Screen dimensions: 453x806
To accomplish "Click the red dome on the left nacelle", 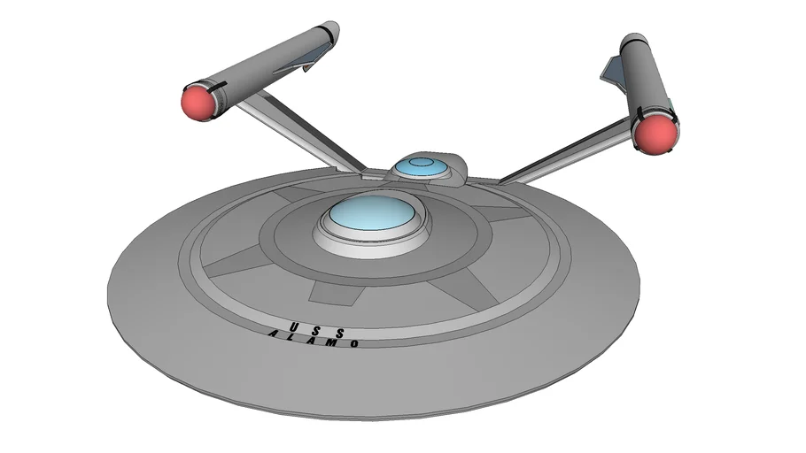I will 199,102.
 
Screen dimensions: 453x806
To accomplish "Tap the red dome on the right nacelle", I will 655,134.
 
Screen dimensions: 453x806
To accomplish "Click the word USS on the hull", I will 313,324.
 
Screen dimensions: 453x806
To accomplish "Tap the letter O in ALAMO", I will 354,343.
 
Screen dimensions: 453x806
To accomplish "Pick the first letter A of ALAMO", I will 275,334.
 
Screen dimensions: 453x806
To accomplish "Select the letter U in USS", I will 291,320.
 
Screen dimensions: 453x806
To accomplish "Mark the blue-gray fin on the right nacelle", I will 614,71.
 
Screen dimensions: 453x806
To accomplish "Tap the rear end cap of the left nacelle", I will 329,32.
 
